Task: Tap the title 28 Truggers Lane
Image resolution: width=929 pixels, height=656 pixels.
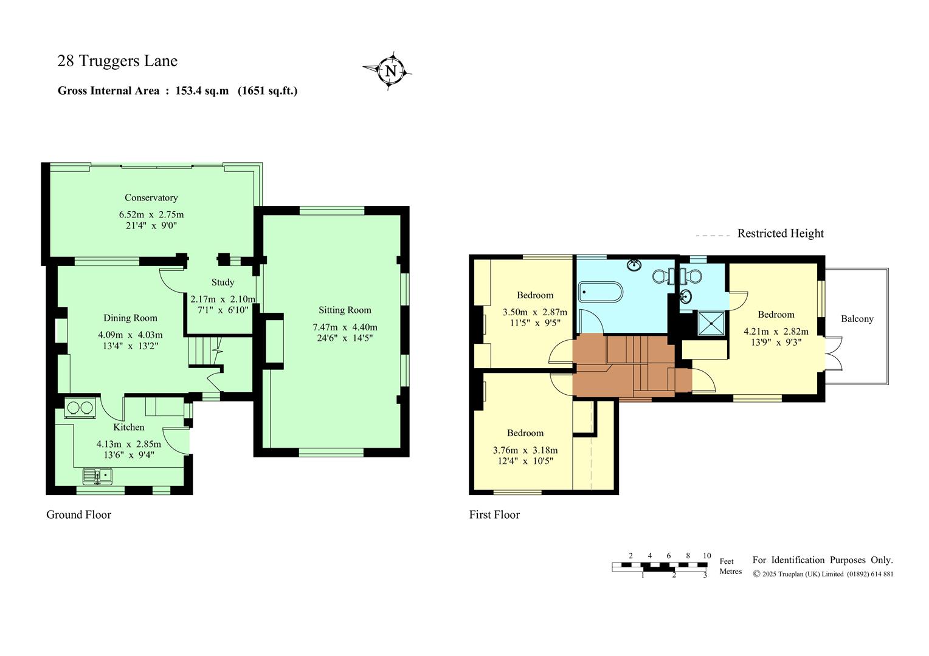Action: click(117, 61)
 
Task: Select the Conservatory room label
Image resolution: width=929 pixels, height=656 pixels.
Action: click(151, 197)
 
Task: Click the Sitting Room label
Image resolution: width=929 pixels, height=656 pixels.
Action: click(345, 310)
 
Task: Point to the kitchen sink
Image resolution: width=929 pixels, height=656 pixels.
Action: click(97, 476)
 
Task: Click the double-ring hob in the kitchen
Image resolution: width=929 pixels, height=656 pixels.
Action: click(80, 408)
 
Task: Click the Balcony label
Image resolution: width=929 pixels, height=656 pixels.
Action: click(857, 319)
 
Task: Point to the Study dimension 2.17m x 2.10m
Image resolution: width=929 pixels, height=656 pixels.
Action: click(223, 299)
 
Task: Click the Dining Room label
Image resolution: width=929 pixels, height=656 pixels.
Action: click(130, 318)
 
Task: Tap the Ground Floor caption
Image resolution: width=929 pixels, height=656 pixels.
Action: click(79, 514)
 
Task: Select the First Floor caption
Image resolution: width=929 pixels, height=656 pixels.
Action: click(494, 514)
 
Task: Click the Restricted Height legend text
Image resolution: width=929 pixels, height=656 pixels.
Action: click(780, 233)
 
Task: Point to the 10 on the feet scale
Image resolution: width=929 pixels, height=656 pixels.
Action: click(706, 556)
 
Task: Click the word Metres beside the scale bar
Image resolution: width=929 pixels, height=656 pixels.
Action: click(730, 571)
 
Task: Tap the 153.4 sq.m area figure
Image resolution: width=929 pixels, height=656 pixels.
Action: click(202, 91)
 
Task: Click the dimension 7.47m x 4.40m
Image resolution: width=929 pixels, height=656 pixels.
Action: click(345, 327)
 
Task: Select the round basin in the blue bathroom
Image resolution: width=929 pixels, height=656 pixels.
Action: click(634, 265)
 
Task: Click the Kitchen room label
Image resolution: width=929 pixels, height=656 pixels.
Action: click(128, 427)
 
